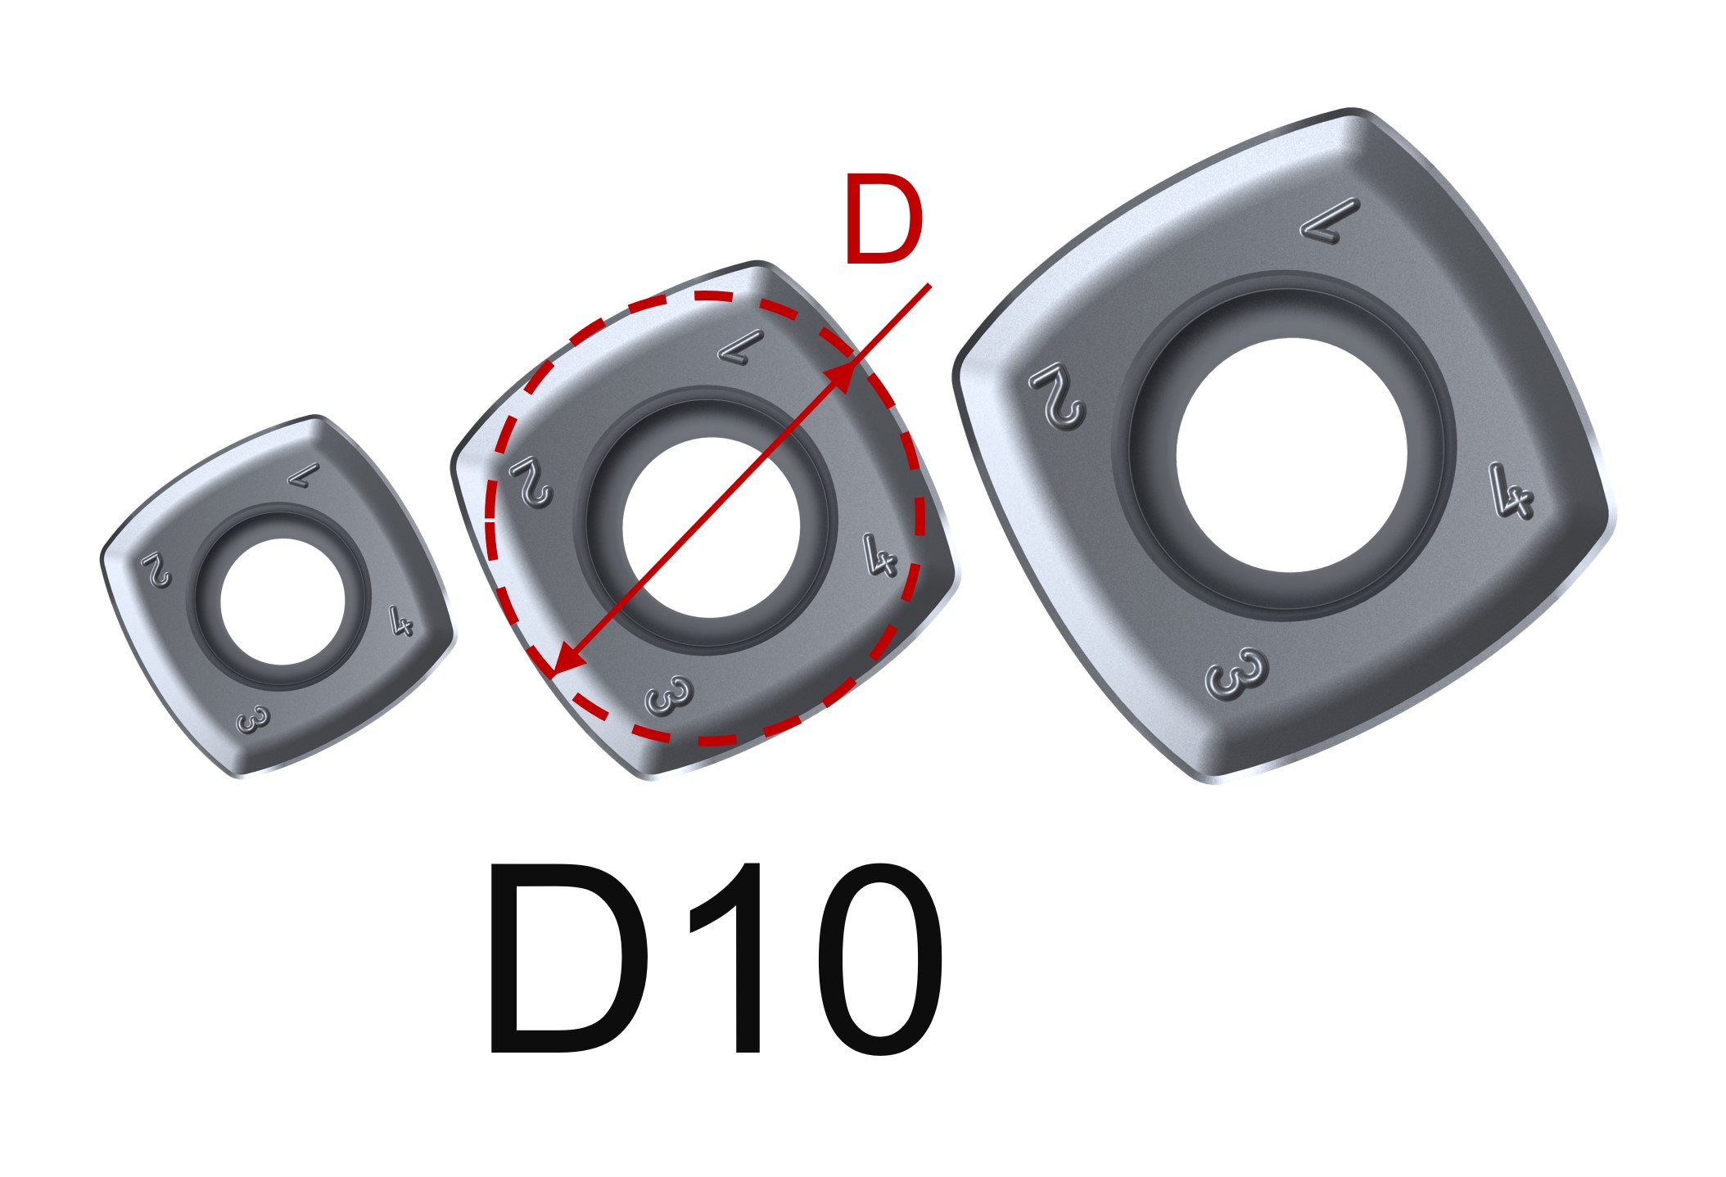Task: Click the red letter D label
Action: coord(883,219)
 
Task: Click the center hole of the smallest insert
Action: coord(282,602)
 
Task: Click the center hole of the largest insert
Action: coord(1291,455)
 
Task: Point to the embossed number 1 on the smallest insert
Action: coord(304,474)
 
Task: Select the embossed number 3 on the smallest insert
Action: coord(251,721)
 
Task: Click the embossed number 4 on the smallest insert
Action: coord(400,622)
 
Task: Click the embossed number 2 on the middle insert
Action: coord(531,483)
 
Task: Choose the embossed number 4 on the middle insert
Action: coord(880,556)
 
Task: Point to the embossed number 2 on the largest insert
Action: coord(1057,395)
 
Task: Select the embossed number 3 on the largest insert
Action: coord(1236,674)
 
